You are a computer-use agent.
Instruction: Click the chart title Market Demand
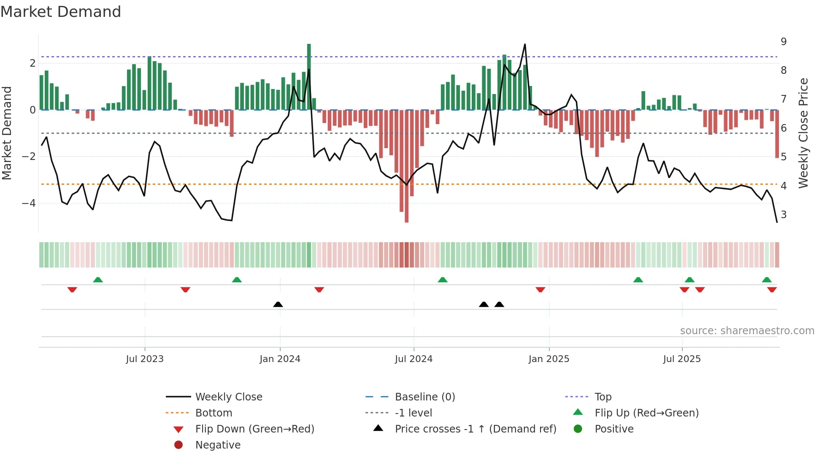[61, 12]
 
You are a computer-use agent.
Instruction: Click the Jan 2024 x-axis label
[280, 359]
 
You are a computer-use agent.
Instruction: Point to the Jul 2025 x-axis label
[681, 359]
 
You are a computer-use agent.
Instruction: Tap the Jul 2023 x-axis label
[144, 359]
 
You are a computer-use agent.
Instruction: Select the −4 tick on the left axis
[29, 203]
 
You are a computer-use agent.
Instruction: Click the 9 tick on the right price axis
[784, 42]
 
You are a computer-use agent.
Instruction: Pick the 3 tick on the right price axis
[784, 215]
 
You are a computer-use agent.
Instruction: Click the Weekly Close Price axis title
[803, 133]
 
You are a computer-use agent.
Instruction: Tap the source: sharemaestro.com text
[747, 331]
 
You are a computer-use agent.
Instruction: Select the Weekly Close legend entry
[228, 397]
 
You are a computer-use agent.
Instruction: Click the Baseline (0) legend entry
[424, 397]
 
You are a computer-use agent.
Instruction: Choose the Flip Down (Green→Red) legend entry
[254, 429]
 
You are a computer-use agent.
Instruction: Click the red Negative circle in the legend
[178, 445]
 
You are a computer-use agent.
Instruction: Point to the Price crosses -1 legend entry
[475, 429]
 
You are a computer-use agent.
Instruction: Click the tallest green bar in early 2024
[309, 76]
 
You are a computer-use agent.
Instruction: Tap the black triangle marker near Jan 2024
[278, 304]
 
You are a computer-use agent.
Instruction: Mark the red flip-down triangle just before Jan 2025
[540, 290]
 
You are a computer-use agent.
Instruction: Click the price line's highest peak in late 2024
[525, 44]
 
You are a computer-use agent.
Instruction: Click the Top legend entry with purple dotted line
[603, 397]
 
